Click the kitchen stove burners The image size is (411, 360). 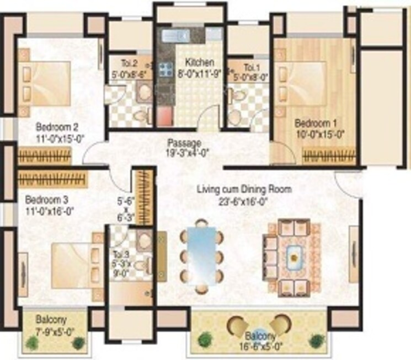(164, 70)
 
